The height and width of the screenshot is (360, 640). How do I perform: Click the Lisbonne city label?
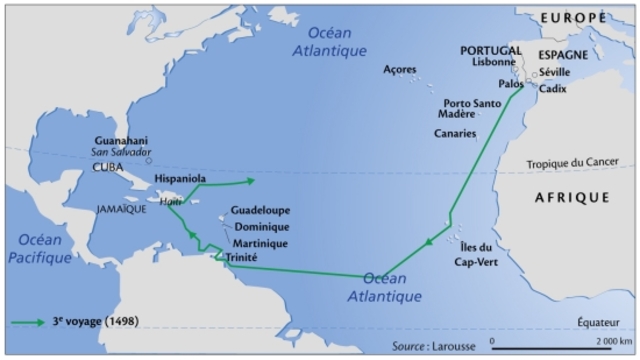(493, 61)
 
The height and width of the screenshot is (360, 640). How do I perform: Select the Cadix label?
(552, 88)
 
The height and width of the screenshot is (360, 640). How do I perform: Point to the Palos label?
(510, 85)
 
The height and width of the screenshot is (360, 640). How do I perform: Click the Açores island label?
(402, 69)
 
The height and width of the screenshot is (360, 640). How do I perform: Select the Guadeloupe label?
(259, 211)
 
